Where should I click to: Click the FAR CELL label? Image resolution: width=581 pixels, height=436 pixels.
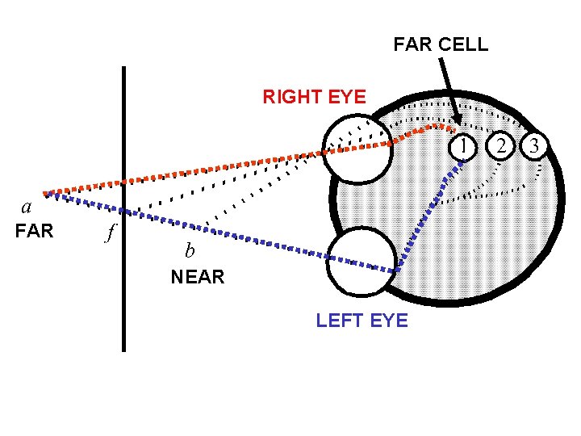point(441,44)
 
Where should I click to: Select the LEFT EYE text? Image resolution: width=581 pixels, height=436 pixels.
point(362,321)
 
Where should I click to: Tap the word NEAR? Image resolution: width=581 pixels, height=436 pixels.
point(197,277)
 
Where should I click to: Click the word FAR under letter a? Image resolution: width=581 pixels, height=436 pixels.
point(34,232)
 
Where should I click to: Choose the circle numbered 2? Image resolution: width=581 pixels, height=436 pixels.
point(502,145)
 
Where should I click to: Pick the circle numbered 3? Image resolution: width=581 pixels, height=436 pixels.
point(535,145)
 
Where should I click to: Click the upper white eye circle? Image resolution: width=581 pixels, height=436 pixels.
point(355,149)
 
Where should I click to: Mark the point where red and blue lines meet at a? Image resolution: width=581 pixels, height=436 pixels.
point(46,193)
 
